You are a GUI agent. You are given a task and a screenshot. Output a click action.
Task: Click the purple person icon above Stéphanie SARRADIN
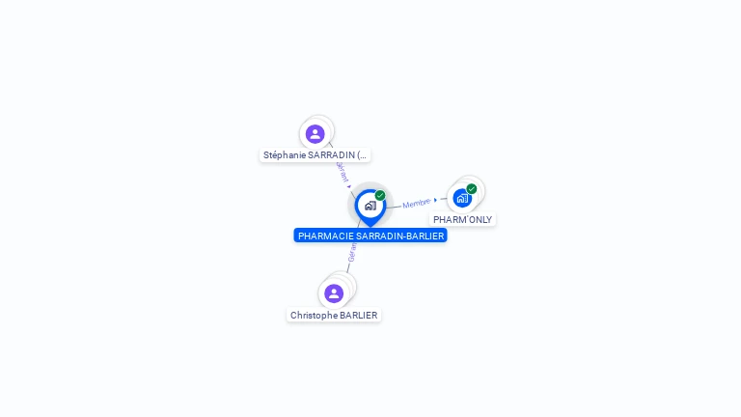[315, 134]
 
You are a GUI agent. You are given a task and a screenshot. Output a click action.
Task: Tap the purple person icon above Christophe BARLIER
[334, 292]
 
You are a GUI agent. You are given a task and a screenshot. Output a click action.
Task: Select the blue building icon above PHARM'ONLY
[462, 198]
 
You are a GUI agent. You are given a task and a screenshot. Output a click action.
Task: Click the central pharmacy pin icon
[370, 206]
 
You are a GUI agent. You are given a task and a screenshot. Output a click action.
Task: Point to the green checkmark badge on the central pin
[380, 195]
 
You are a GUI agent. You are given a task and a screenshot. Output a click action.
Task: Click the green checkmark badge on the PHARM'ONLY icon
[472, 189]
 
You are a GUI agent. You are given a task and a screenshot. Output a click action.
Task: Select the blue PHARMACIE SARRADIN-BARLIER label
[370, 236]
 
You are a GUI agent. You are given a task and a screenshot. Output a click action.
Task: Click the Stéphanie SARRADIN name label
[315, 154]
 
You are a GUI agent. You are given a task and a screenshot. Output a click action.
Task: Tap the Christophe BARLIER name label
[334, 315]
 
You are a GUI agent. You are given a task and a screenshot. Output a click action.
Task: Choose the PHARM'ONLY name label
[462, 219]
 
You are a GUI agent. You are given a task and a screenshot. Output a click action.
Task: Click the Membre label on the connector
[417, 203]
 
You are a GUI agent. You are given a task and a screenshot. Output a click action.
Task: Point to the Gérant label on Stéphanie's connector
[342, 170]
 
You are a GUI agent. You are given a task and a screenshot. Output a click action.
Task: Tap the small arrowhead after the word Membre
[435, 200]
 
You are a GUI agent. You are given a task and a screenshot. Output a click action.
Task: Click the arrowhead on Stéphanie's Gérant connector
[349, 185]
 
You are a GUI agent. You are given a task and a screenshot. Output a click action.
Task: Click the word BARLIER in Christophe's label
[359, 315]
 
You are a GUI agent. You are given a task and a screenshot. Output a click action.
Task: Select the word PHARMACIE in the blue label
[325, 236]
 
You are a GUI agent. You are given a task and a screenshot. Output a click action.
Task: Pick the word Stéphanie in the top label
[285, 154]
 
